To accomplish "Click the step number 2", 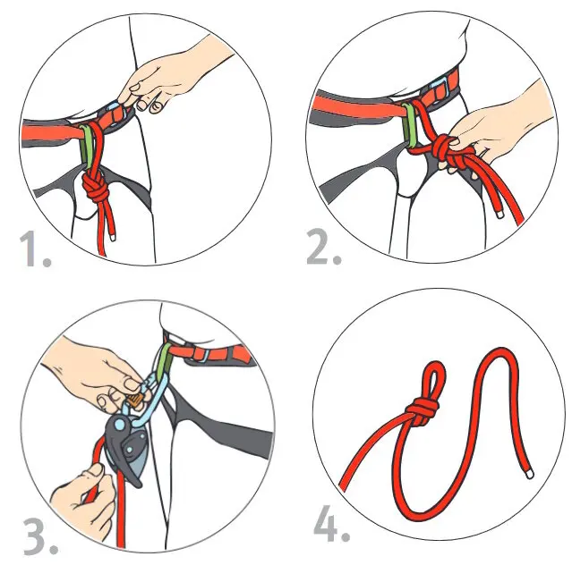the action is [x=323, y=246].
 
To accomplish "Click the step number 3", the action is [x=40, y=537].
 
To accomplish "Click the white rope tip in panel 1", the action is [x=114, y=237].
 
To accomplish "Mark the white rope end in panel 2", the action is [x=500, y=215].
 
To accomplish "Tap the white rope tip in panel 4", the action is [x=530, y=475].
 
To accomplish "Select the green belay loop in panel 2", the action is [x=409, y=124].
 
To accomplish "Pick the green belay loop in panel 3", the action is [x=165, y=358].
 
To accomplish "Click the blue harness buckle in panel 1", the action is [x=116, y=113].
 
